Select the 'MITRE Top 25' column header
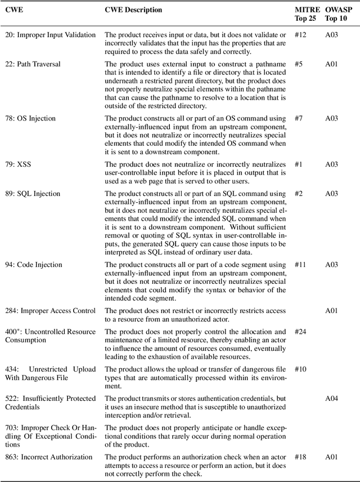pos(307,14)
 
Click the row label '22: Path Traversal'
pos(33,64)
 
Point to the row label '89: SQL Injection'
pos(33,194)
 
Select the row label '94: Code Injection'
pos(34,265)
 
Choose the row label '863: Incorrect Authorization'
pos(49,457)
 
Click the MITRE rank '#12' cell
pos(301,35)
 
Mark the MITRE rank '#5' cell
pos(299,64)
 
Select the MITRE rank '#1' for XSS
pos(299,164)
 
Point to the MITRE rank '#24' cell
pos(301,332)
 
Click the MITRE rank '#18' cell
pos(301,457)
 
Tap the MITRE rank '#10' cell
pos(301,369)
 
